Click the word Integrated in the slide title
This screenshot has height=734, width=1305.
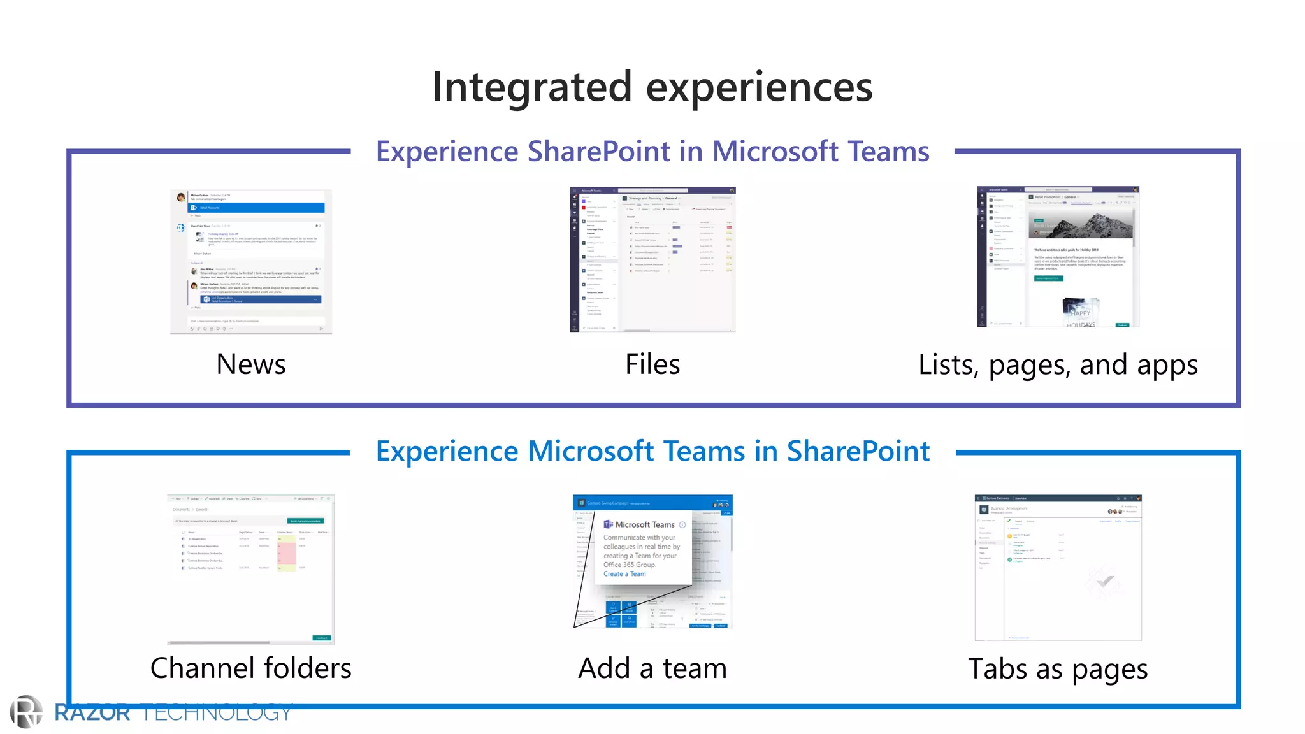[x=532, y=87]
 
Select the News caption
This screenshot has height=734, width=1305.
[x=251, y=364]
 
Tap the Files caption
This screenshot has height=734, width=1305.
[x=652, y=364]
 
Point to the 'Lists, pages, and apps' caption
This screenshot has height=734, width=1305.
[x=1058, y=365]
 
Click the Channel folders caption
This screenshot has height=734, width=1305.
[x=251, y=668]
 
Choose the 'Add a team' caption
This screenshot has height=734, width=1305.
[x=652, y=668]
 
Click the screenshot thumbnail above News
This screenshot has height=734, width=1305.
[x=251, y=261]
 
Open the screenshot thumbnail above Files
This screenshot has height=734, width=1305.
[x=652, y=259]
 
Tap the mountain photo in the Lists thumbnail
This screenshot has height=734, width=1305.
[x=1083, y=226]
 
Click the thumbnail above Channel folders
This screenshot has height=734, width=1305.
[x=251, y=568]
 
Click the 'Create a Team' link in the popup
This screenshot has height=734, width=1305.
[x=624, y=574]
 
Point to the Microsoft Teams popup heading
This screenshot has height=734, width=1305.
[x=644, y=524]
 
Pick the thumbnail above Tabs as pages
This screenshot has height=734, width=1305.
[x=1058, y=567]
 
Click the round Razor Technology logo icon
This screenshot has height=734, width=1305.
[x=26, y=712]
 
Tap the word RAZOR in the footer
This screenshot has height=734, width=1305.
[x=92, y=712]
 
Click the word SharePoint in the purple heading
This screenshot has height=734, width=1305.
[x=598, y=152]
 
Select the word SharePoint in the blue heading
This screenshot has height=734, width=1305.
[x=858, y=451]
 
